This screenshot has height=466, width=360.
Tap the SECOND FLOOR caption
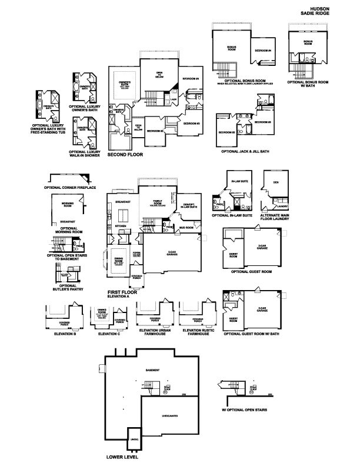(x=126, y=155)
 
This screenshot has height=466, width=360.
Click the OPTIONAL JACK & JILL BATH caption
(x=245, y=151)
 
